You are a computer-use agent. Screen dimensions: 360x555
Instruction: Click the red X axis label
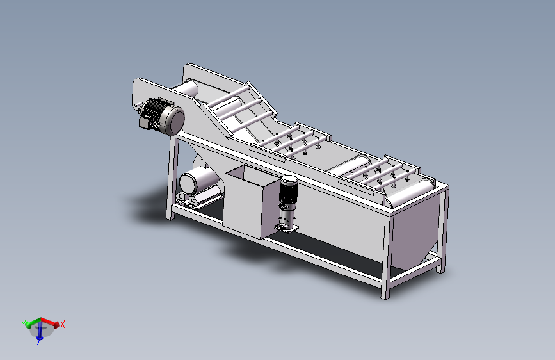pos(63,325)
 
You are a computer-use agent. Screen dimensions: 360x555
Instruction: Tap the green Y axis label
pos(24,323)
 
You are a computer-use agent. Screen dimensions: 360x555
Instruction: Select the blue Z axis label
pos(39,343)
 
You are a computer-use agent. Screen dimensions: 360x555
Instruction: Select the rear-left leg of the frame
pos(172,179)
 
